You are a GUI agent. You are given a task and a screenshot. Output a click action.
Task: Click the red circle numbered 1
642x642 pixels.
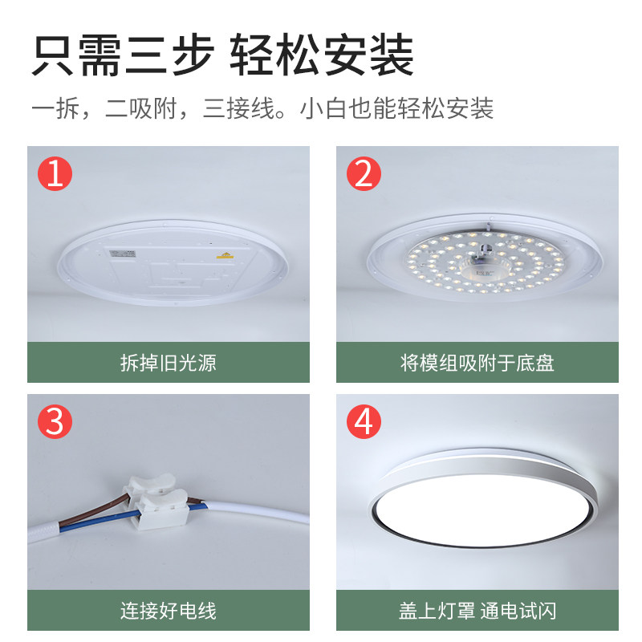[55, 173]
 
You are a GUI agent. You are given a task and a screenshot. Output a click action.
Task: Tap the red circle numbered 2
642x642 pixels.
[364, 173]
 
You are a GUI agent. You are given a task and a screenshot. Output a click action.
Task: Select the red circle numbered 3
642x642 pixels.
[55, 422]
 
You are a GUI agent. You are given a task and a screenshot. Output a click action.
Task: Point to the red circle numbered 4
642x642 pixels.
[364, 422]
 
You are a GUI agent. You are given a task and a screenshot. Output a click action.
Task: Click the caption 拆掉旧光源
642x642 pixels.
[169, 363]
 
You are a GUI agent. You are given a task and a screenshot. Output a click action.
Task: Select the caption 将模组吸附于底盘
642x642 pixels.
[477, 363]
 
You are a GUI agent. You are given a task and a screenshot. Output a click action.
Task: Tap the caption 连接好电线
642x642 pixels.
[169, 611]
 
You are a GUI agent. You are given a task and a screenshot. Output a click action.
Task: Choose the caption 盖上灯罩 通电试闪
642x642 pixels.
[477, 611]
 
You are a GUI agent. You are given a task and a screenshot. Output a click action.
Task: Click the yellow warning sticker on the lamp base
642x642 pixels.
[225, 255]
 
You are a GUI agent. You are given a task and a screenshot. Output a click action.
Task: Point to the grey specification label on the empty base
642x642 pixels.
[123, 254]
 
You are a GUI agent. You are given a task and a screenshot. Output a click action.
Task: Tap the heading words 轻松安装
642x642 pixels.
[322, 55]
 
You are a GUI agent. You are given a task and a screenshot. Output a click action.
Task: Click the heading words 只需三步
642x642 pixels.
[123, 55]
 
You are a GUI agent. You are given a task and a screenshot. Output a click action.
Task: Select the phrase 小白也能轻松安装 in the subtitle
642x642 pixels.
[396, 109]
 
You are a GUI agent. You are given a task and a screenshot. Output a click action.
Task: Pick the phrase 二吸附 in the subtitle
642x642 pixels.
[141, 109]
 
